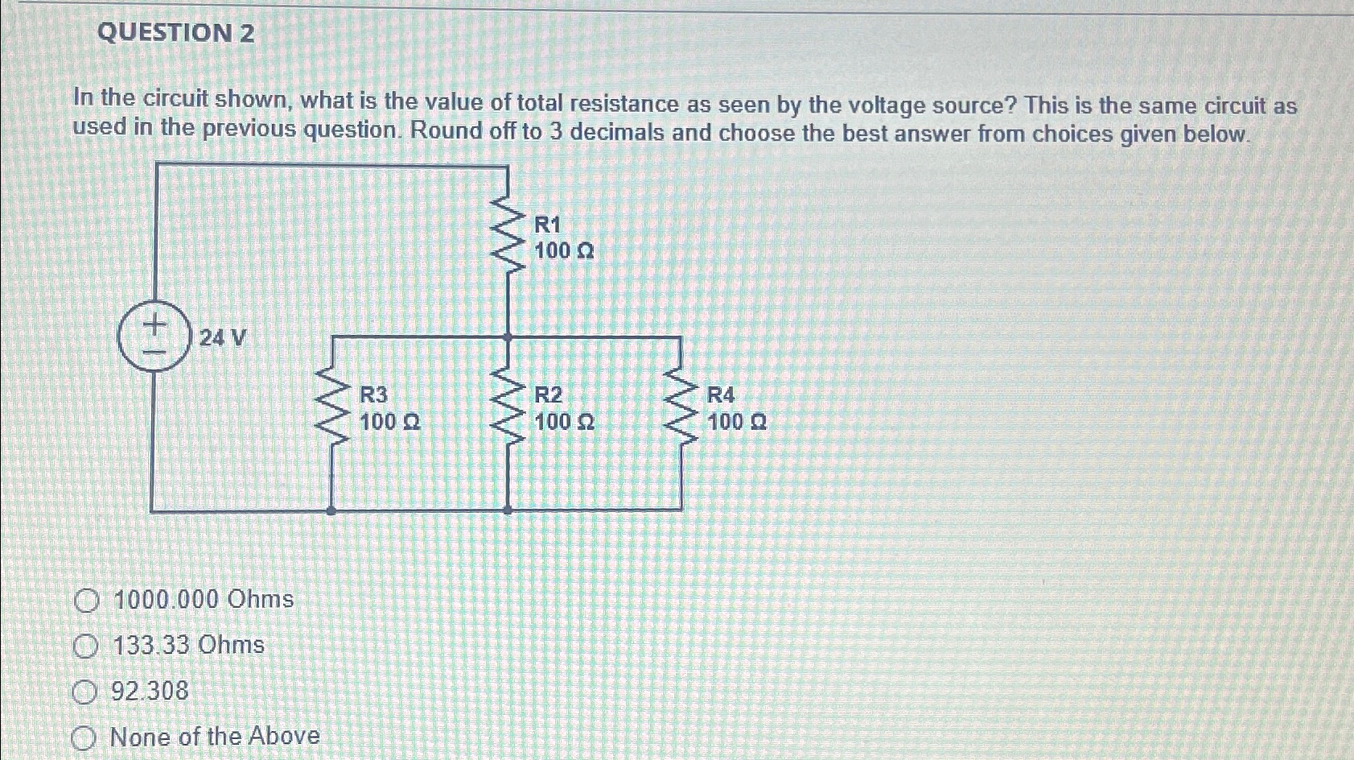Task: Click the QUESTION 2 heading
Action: [x=175, y=33]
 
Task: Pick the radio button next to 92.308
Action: [x=84, y=692]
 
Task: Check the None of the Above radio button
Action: [x=84, y=738]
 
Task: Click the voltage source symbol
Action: [x=154, y=337]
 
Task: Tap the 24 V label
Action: [x=223, y=337]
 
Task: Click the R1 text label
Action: [x=547, y=225]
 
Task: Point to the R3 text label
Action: [x=373, y=394]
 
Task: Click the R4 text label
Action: [x=721, y=394]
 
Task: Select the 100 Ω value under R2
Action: [x=565, y=421]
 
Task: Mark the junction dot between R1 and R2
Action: [x=507, y=337]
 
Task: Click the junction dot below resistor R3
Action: [x=331, y=510]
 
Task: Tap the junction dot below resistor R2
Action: [x=507, y=510]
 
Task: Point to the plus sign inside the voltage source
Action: [x=154, y=324]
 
